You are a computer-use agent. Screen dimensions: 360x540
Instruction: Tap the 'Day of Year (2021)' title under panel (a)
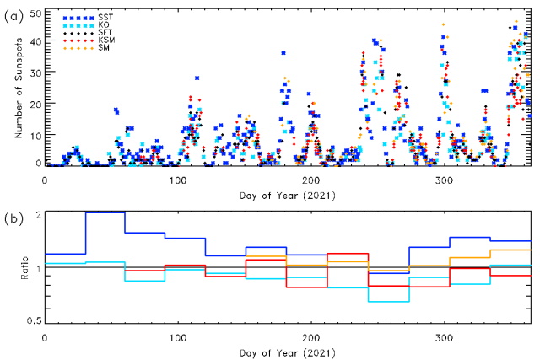coord(288,193)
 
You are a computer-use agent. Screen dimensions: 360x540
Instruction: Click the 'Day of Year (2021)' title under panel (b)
coord(288,349)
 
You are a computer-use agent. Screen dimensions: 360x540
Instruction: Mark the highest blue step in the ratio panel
coord(105,212)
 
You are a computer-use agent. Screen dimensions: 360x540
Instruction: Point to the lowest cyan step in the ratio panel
coord(388,301)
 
